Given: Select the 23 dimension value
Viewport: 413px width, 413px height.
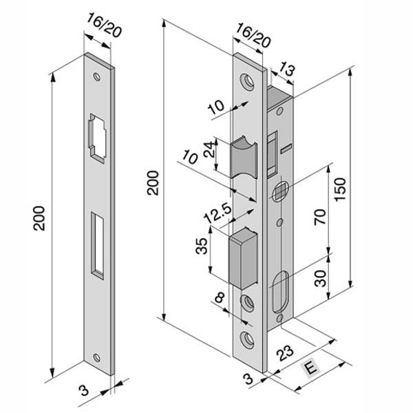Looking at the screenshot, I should (282, 356).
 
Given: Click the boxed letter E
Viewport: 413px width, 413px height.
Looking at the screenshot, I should (312, 368).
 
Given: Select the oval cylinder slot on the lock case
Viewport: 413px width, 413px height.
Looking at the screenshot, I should (283, 293).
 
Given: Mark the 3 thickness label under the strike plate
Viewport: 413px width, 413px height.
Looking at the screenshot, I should (83, 391).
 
